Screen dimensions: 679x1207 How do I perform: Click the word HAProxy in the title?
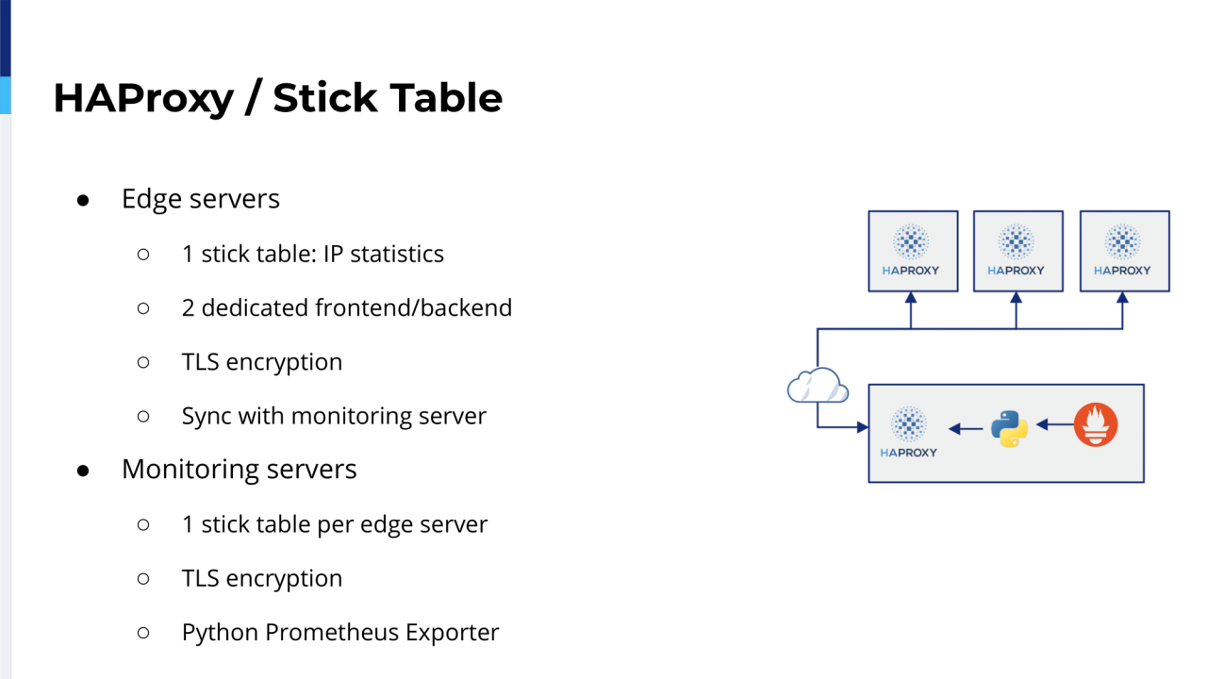(142, 98)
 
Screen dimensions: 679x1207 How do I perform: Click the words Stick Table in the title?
(388, 98)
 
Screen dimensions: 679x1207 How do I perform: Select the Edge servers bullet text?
(200, 199)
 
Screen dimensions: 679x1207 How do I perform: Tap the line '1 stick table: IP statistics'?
(312, 254)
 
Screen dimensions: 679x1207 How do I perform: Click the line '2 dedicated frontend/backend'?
(346, 307)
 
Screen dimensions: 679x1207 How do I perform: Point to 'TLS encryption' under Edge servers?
(261, 362)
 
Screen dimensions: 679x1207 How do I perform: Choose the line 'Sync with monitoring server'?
(334, 416)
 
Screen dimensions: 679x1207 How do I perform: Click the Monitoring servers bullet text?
(239, 470)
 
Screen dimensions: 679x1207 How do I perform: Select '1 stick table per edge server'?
(334, 524)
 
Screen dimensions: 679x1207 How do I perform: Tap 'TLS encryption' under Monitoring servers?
(261, 578)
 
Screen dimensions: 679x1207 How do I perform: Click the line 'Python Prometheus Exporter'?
(339, 633)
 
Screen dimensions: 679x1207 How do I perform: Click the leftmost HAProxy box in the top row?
(912, 250)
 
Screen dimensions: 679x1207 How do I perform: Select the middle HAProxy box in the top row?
(1017, 250)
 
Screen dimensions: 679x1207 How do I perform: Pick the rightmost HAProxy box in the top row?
(1123, 250)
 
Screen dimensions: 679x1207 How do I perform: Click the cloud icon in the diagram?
(817, 386)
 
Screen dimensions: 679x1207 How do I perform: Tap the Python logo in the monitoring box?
(1009, 428)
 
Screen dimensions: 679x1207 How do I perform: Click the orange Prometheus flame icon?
(1096, 424)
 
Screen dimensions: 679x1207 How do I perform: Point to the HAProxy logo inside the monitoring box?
(909, 432)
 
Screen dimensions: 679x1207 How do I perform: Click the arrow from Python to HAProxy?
(966, 429)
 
